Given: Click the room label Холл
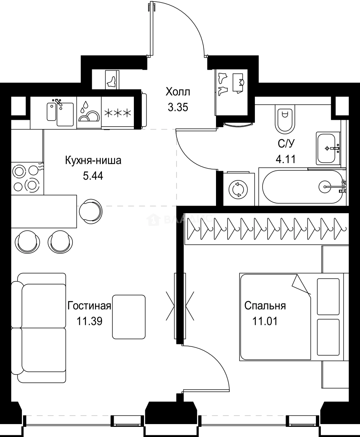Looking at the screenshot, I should [x=178, y=92].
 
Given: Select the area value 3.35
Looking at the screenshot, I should [x=178, y=107].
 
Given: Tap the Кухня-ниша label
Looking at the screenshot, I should [x=93, y=161].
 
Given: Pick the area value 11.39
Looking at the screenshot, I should [x=89, y=321].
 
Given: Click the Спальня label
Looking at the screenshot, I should [x=265, y=305].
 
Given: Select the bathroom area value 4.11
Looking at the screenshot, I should [x=285, y=159].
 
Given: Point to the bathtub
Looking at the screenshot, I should [x=303, y=187].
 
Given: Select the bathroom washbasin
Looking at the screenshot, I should [x=328, y=148].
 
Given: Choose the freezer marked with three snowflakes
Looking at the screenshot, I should [x=118, y=113].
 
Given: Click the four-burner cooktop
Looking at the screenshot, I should [x=25, y=178].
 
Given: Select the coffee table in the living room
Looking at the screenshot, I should [x=129, y=317].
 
